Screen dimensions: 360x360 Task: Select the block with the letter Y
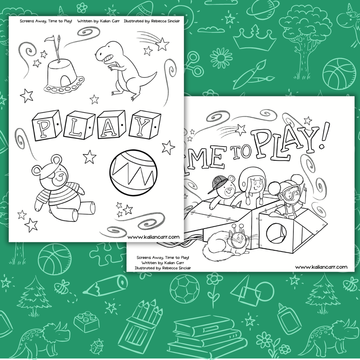145,125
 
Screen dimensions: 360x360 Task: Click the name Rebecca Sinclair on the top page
166,21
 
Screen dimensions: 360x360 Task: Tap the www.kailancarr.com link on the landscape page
321,267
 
